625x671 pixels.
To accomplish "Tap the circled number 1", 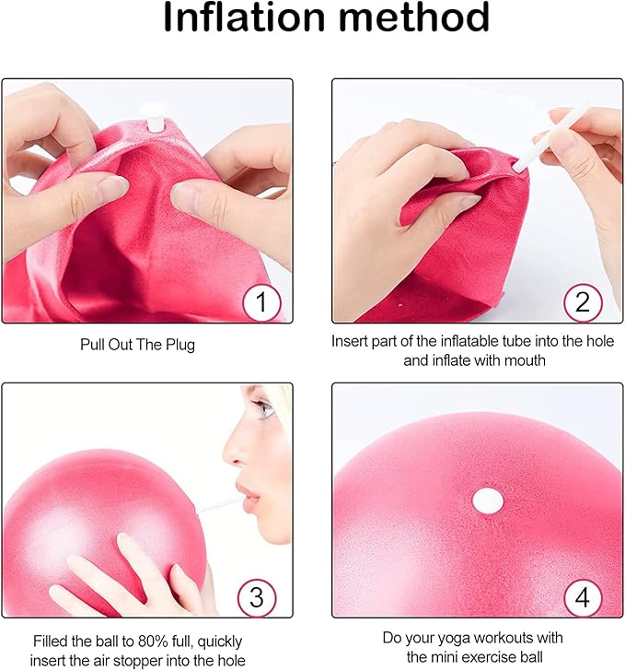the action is coord(261,302).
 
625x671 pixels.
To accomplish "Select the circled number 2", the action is coord(583,302).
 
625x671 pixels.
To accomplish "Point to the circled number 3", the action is coord(257,597).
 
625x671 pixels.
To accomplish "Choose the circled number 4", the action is coord(583,597).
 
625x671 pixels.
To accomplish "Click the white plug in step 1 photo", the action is coord(154,116).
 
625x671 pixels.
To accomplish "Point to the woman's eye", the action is coord(264,409).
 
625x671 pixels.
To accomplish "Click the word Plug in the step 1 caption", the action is coord(180,346).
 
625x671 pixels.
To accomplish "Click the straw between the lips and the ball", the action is coord(217,504).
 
